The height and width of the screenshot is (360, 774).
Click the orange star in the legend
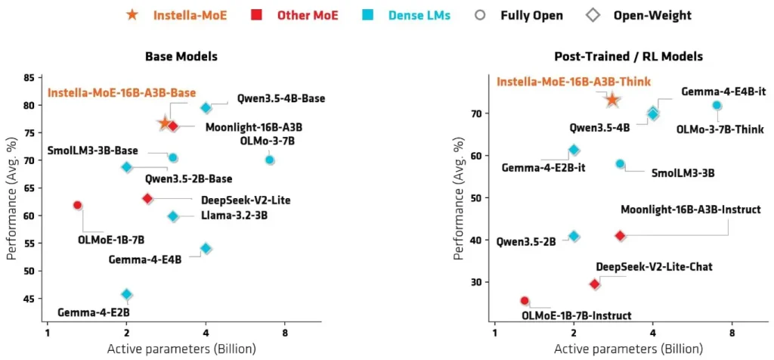click(132, 15)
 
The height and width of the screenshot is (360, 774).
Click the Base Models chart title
click(181, 56)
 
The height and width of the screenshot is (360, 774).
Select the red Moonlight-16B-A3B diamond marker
click(173, 126)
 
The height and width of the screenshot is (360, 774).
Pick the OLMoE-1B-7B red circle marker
click(78, 205)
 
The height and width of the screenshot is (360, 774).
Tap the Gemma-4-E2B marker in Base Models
click(127, 294)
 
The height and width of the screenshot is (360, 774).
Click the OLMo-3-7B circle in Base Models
click(270, 160)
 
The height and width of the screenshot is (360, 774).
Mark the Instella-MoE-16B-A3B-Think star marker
click(612, 100)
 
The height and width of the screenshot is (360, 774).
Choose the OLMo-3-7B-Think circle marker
click(717, 105)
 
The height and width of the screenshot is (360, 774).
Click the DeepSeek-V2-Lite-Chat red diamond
click(595, 284)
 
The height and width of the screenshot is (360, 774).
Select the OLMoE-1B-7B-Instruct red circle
click(525, 301)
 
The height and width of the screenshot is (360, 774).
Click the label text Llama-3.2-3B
click(235, 215)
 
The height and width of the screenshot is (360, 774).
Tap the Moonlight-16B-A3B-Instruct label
click(691, 210)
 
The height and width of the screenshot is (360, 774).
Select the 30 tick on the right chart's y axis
click(478, 282)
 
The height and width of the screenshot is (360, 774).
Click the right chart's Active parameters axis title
click(629, 349)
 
